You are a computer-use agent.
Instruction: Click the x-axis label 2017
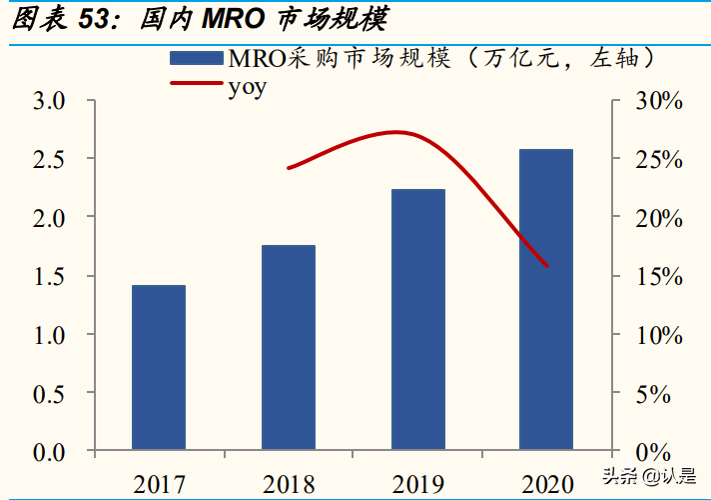pyautogui.click(x=159, y=485)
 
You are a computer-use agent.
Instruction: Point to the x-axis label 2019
pyautogui.click(x=417, y=485)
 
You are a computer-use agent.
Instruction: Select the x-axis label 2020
pyautogui.click(x=546, y=485)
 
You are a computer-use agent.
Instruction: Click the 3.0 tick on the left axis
pyautogui.click(x=49, y=101)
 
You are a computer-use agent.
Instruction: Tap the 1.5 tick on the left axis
pyautogui.click(x=49, y=277)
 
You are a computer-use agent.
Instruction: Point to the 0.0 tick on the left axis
pyautogui.click(x=49, y=452)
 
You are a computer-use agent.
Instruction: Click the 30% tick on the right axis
pyautogui.click(x=659, y=101)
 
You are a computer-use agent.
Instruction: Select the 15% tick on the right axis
pyautogui.click(x=659, y=277)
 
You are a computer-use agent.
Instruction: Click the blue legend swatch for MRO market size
pyautogui.click(x=197, y=58)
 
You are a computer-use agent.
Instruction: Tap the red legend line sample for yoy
pyautogui.click(x=197, y=85)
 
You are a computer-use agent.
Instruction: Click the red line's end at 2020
pyautogui.click(x=547, y=266)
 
